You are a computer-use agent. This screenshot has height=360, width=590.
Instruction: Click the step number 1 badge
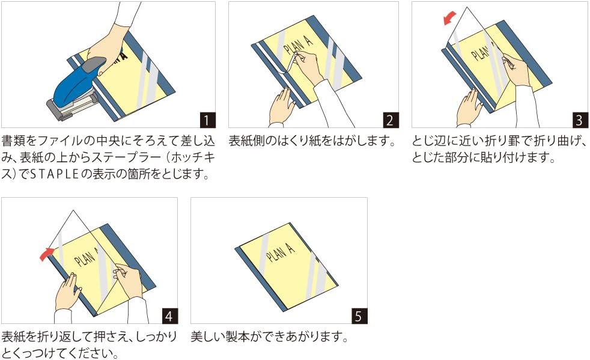[x=207, y=120]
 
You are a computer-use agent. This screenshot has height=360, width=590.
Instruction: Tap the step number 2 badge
[x=390, y=120]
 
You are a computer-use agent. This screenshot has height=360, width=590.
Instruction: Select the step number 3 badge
[x=580, y=120]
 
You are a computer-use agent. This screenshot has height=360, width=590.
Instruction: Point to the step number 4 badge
[x=169, y=316]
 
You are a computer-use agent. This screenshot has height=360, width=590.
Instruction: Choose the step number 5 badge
[x=359, y=316]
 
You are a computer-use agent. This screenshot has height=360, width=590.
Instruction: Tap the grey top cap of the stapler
[x=94, y=65]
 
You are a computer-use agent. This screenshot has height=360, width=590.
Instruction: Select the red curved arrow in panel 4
[x=47, y=254]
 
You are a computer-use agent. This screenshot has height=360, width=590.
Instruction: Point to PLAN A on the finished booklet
[x=281, y=252]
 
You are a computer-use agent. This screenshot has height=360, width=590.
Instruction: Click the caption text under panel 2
[x=312, y=141]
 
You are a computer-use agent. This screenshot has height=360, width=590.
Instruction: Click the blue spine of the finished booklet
[x=260, y=279]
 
